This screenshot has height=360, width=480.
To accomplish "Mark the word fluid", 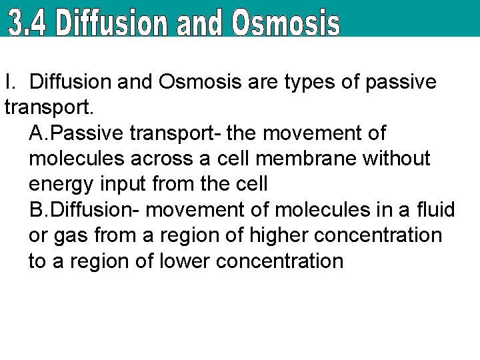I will pos(437,211).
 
